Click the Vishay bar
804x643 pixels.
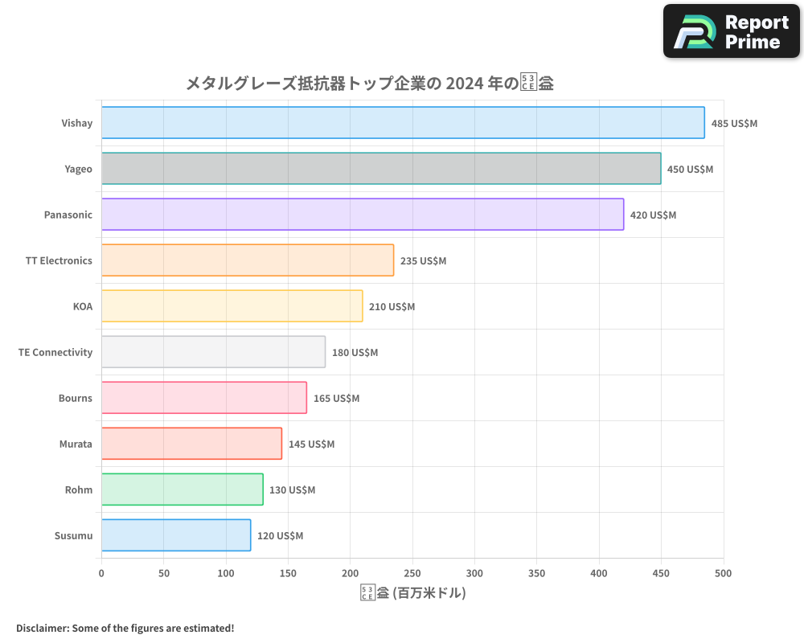(403, 123)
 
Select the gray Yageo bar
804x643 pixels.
(381, 169)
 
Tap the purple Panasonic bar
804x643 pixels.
(363, 215)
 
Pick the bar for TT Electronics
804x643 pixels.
(248, 260)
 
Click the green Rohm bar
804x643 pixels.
(183, 489)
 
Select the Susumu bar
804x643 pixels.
(176, 535)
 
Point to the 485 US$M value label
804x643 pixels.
(734, 124)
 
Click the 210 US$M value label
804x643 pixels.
(392, 307)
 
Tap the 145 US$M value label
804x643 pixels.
(311, 444)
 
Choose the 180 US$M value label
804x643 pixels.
(355, 353)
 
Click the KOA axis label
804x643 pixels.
(82, 306)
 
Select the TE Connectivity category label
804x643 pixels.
(55, 352)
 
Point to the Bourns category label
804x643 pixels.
(75, 398)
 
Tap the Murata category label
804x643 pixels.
(76, 444)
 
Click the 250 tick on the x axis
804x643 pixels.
(412, 573)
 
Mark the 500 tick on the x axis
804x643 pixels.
(724, 573)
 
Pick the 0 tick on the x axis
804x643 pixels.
(101, 573)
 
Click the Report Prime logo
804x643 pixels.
(732, 31)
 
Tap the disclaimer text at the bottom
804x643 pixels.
(125, 628)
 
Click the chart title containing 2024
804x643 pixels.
(369, 83)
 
